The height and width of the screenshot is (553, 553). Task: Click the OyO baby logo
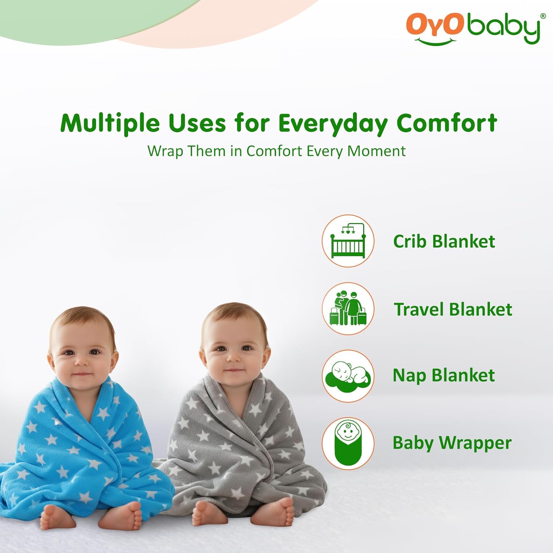tap(473, 28)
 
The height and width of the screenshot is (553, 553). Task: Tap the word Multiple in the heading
tap(110, 123)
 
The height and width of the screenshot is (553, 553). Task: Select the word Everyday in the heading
tap(333, 123)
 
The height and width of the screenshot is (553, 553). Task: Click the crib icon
tap(348, 241)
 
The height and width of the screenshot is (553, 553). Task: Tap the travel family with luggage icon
tap(348, 309)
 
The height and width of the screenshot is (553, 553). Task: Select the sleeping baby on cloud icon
tap(348, 376)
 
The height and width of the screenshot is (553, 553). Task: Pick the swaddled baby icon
tap(348, 443)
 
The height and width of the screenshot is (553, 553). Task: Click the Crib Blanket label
tap(444, 241)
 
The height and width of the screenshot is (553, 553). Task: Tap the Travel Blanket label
tap(453, 309)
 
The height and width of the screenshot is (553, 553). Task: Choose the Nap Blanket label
tap(444, 376)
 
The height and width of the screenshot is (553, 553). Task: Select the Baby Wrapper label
tap(452, 443)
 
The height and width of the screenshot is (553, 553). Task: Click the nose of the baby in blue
tap(81, 360)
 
